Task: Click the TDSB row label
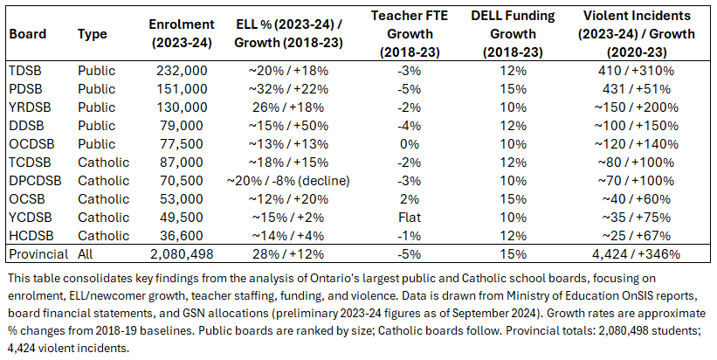(24, 70)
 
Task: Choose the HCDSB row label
(30, 235)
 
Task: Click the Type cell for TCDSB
(102, 162)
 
